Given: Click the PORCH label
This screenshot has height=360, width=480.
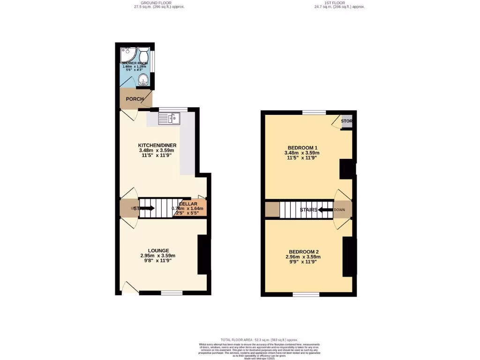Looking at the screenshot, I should point(135,99).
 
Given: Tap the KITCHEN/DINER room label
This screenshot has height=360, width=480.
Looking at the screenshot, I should point(157,145).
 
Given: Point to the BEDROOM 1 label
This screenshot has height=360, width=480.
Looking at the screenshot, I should point(302,148).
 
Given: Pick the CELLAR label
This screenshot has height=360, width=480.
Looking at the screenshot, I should point(187,204).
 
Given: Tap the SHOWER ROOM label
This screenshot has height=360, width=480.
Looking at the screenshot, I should point(135,63).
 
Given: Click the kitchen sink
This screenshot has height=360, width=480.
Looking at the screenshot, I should point(169,118).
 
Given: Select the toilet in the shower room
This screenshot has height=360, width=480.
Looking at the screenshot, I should point(144,51).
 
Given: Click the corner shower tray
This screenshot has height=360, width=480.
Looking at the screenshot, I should point(126,52).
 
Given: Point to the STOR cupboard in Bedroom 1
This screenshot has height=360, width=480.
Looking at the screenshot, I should point(346,121).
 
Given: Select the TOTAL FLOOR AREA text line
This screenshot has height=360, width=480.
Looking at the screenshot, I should point(259,339).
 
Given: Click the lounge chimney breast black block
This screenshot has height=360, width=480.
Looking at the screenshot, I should point(203,254).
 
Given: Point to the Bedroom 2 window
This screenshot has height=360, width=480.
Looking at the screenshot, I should point(306,294).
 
